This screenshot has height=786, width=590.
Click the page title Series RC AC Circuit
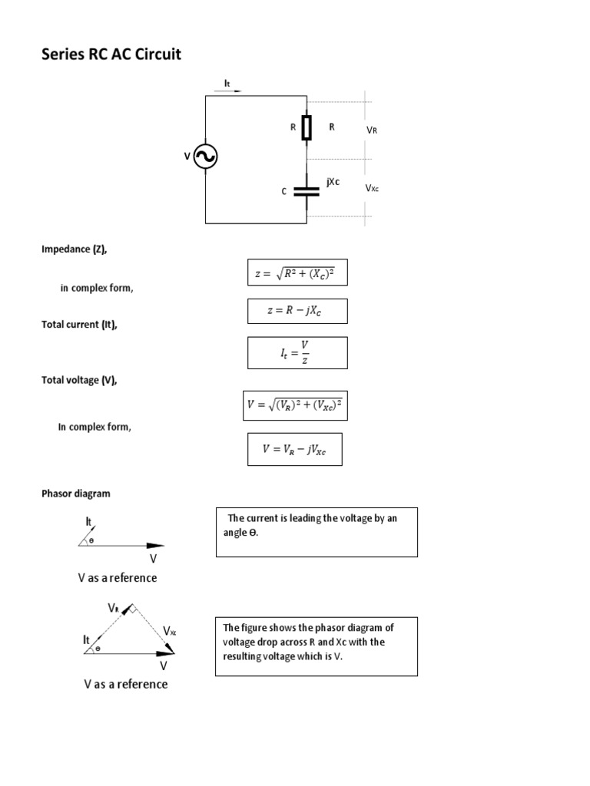coord(111,55)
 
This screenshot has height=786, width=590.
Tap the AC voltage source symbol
coord(205,157)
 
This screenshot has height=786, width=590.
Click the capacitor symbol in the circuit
coord(307,190)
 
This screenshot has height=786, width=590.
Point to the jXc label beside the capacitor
coord(333,182)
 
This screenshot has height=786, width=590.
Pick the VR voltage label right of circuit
coord(372,130)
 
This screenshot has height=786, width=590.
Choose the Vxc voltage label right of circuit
coord(372,188)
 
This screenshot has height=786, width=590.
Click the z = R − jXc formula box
coord(297,311)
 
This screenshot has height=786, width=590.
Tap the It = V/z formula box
coord(297,352)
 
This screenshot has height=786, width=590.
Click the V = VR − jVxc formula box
coord(294,449)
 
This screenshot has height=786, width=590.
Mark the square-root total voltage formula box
coord(295,405)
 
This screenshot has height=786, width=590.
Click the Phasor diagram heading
coord(76,494)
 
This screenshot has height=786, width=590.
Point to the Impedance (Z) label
coord(80,249)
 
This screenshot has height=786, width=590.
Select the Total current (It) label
coord(79,325)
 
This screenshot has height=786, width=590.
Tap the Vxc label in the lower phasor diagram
coord(170,631)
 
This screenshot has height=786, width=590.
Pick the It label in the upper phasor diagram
coord(88,522)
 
